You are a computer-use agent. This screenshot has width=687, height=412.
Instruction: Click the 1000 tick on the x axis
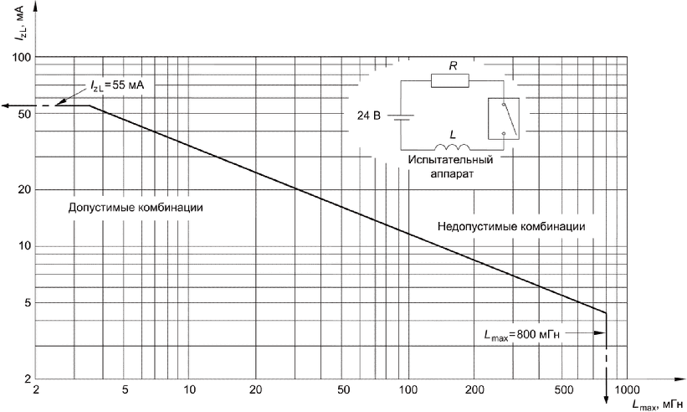629,390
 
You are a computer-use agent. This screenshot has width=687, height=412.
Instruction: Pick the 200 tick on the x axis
474,390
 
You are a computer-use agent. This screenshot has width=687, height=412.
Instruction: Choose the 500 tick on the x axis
563,390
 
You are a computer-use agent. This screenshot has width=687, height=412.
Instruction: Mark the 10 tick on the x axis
190,390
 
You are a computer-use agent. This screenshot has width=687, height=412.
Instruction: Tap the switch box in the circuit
502,117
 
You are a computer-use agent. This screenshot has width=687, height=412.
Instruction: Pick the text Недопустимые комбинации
510,226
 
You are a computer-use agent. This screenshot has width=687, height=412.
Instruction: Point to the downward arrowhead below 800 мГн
605,406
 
